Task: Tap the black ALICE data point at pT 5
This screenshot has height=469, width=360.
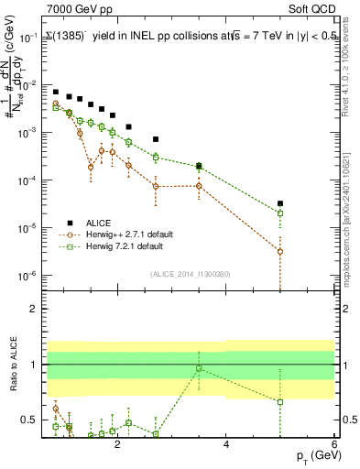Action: coord(280,203)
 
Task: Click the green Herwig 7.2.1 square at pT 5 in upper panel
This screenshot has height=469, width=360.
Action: coord(280,213)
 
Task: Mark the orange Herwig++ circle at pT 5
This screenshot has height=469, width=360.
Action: coord(280,251)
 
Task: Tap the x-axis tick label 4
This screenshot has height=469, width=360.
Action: coord(225,444)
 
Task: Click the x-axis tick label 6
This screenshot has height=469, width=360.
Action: coord(334,444)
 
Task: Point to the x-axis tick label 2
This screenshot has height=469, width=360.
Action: coord(117,444)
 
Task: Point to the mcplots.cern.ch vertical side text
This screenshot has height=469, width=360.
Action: coord(351,229)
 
